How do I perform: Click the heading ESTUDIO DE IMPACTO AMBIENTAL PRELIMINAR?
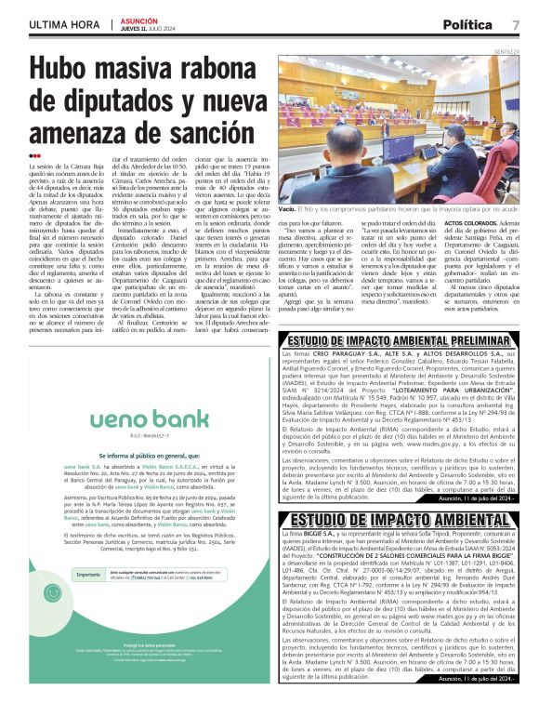402,340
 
